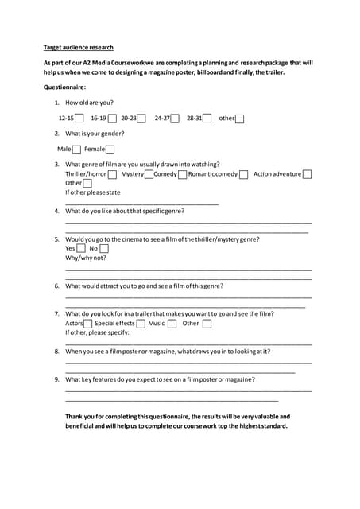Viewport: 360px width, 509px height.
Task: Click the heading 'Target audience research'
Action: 78,47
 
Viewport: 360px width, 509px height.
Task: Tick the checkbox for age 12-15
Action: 80,119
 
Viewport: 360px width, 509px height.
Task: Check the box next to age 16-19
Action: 112,119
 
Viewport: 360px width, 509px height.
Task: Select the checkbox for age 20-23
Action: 141,119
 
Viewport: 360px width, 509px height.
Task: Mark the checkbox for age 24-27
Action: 175,119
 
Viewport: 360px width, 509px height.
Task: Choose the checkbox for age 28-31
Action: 207,119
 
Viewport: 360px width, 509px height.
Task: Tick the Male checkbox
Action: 76,150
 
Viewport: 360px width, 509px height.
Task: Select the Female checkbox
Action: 110,150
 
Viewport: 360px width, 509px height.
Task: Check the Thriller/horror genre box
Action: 112,174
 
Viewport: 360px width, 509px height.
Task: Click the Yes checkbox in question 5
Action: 80,249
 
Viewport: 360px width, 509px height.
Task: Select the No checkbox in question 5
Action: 103,249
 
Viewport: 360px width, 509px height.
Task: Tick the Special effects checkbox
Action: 141,324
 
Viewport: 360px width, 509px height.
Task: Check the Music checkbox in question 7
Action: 172,324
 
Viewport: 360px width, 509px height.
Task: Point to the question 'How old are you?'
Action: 89,103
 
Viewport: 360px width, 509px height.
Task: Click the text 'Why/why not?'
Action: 85,258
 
